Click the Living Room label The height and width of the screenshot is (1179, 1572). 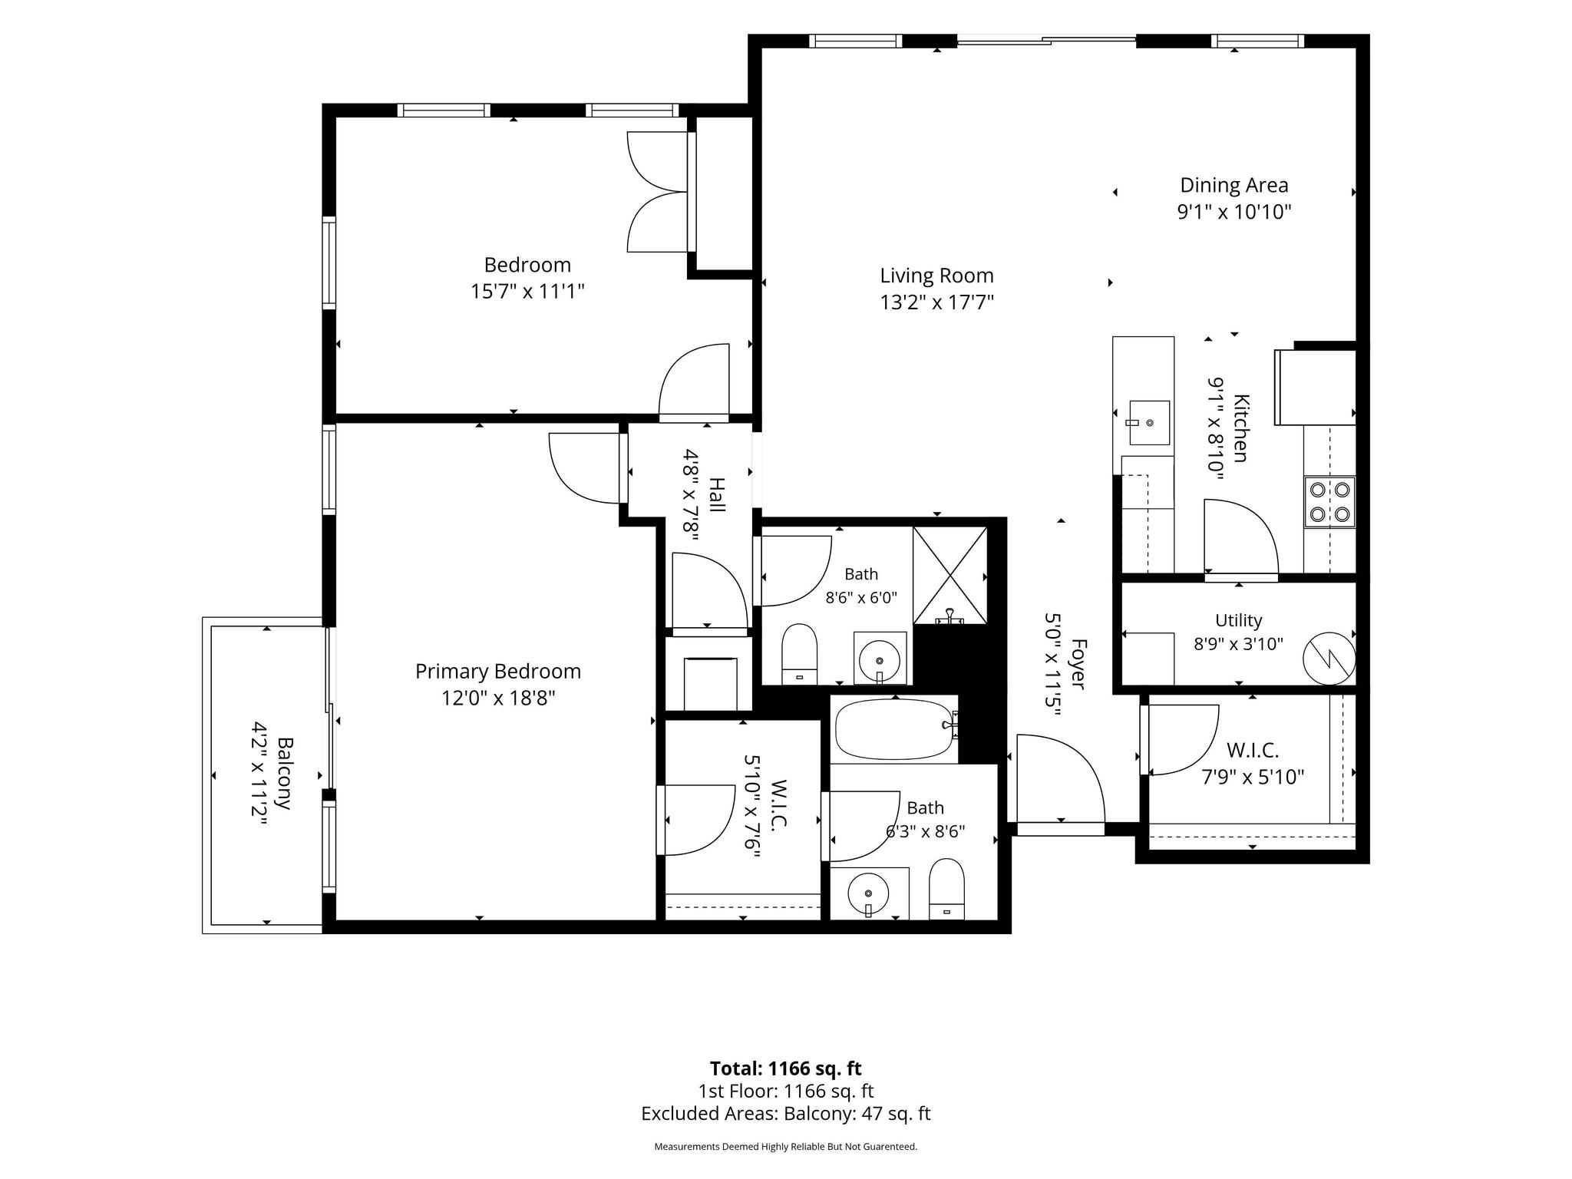pyautogui.click(x=936, y=276)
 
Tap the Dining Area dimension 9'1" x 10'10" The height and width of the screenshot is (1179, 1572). pyautogui.click(x=1234, y=212)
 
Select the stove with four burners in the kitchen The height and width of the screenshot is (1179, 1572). pyautogui.click(x=1329, y=502)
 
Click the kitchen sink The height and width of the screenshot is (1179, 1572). pyautogui.click(x=1149, y=423)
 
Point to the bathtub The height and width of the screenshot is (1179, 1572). pyautogui.click(x=895, y=728)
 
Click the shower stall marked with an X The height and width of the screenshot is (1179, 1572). pyautogui.click(x=950, y=575)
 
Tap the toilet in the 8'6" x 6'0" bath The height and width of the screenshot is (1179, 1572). pyautogui.click(x=799, y=653)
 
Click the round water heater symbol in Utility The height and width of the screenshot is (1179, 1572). pyautogui.click(x=1329, y=658)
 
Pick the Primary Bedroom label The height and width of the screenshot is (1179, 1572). pyautogui.click(x=498, y=672)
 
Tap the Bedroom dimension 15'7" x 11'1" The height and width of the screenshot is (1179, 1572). pyautogui.click(x=528, y=292)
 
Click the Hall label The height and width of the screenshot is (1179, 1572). pyautogui.click(x=716, y=495)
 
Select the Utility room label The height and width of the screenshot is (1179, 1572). pyautogui.click(x=1239, y=620)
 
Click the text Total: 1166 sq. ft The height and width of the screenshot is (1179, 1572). pyautogui.click(x=786, y=1068)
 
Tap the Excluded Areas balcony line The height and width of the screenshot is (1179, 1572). pyautogui.click(x=786, y=1114)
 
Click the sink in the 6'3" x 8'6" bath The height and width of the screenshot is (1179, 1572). pyautogui.click(x=868, y=893)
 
